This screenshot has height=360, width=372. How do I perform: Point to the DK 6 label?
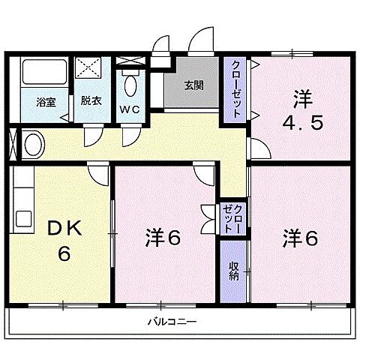pos(64,239)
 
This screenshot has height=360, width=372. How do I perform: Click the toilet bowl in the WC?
pos(132,84)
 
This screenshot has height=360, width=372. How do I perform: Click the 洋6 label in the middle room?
pos(163,238)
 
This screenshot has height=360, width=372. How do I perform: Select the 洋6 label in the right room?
pos(301,238)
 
